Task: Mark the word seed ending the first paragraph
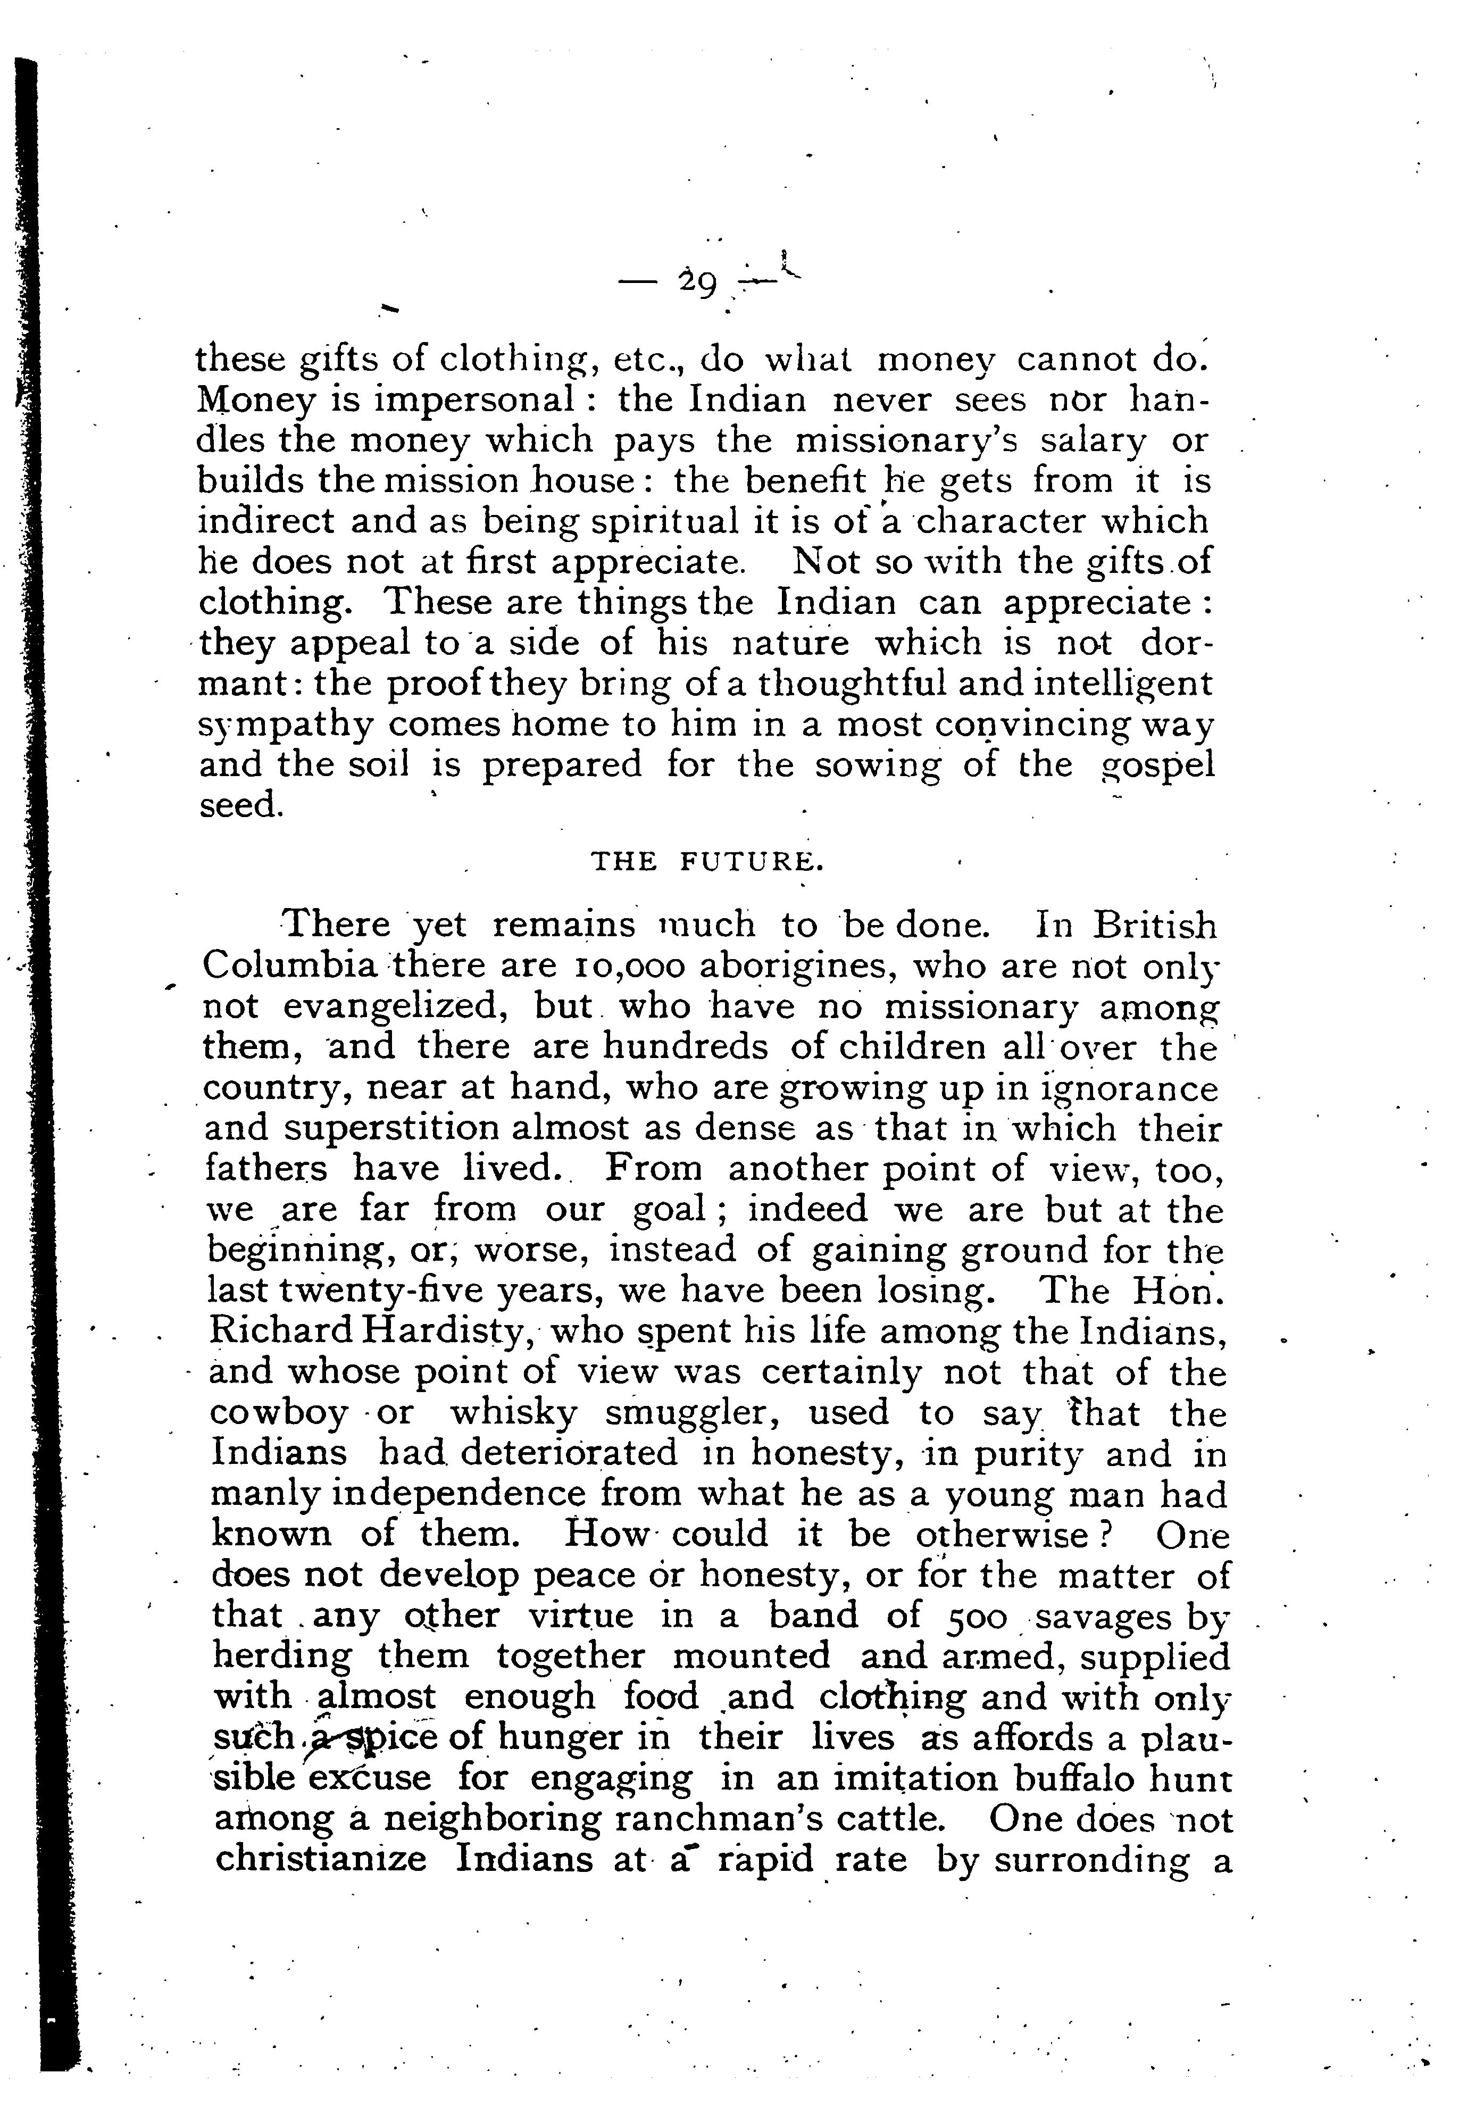(x=238, y=805)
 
